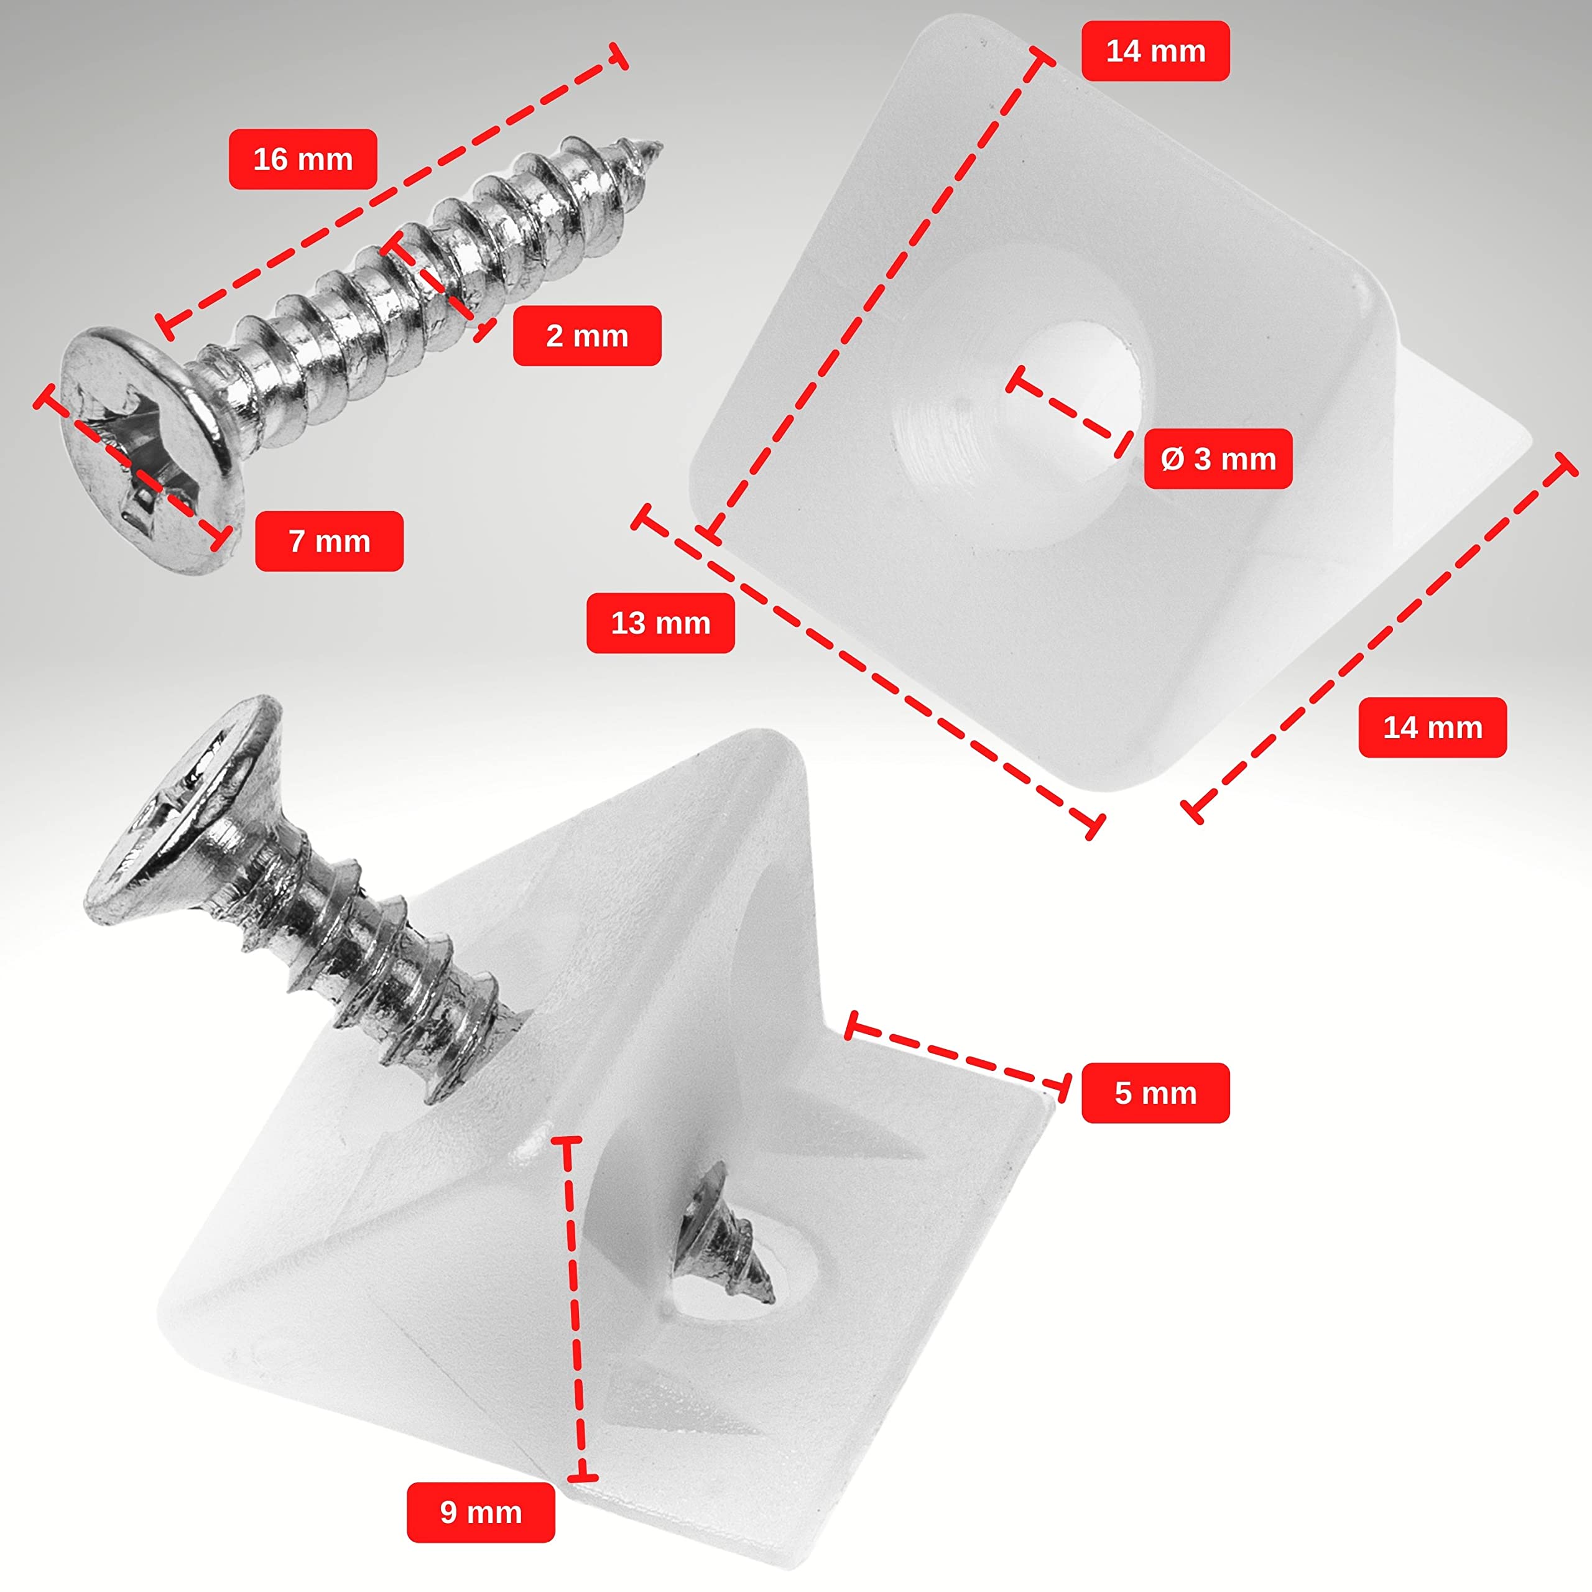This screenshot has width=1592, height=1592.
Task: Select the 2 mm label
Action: tap(586, 335)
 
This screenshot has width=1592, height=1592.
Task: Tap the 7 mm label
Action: tap(329, 542)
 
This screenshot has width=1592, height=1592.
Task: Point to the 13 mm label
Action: tap(660, 623)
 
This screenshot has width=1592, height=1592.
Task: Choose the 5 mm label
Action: tap(1155, 1093)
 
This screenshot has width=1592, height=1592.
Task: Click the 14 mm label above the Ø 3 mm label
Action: tap(1155, 51)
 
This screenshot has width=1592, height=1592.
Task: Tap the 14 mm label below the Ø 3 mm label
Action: tap(1432, 728)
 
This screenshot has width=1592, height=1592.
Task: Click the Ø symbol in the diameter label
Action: tap(1172, 459)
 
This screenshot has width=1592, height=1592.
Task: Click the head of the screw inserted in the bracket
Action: tap(185, 812)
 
